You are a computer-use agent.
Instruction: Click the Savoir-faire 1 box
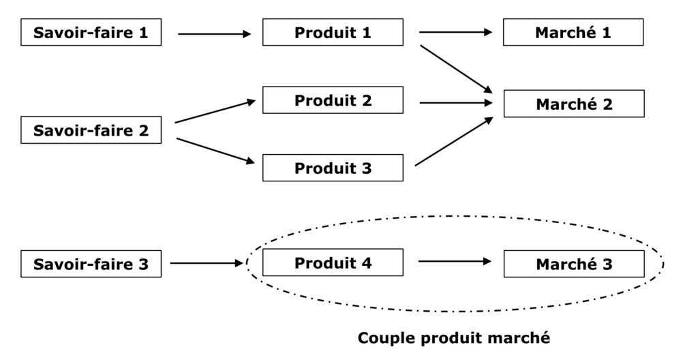(91, 32)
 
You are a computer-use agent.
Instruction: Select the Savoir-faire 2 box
(91, 130)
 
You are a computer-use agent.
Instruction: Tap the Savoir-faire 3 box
(91, 264)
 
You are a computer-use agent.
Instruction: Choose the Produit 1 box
(333, 32)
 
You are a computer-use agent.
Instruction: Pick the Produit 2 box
(333, 100)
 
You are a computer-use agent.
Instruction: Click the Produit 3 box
(333, 168)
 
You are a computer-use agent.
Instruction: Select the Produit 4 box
(333, 262)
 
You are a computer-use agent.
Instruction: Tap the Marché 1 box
(573, 32)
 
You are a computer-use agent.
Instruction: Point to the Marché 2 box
(573, 104)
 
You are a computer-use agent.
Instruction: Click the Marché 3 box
(573, 264)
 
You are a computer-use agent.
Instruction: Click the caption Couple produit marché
(453, 337)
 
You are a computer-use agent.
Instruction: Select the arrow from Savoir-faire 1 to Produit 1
(214, 33)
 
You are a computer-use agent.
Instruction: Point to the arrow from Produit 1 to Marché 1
(455, 32)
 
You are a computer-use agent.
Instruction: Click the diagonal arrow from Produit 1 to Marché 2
(455, 68)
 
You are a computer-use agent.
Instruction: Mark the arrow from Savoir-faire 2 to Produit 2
(215, 112)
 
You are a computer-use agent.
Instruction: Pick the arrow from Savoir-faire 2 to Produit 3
(215, 151)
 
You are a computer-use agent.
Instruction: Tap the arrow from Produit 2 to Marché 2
(455, 103)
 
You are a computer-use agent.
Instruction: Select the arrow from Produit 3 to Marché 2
(454, 141)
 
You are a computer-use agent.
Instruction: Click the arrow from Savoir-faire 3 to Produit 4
(207, 262)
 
